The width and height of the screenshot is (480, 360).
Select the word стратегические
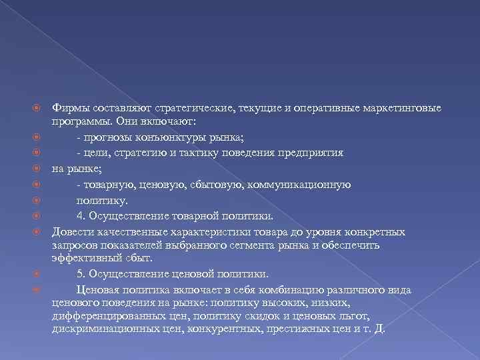click(x=191, y=109)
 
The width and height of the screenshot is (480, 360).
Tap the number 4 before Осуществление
click(x=79, y=215)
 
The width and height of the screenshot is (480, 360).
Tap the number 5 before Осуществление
click(x=79, y=274)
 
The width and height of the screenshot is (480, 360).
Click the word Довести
click(x=73, y=231)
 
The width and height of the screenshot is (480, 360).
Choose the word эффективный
click(x=83, y=259)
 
